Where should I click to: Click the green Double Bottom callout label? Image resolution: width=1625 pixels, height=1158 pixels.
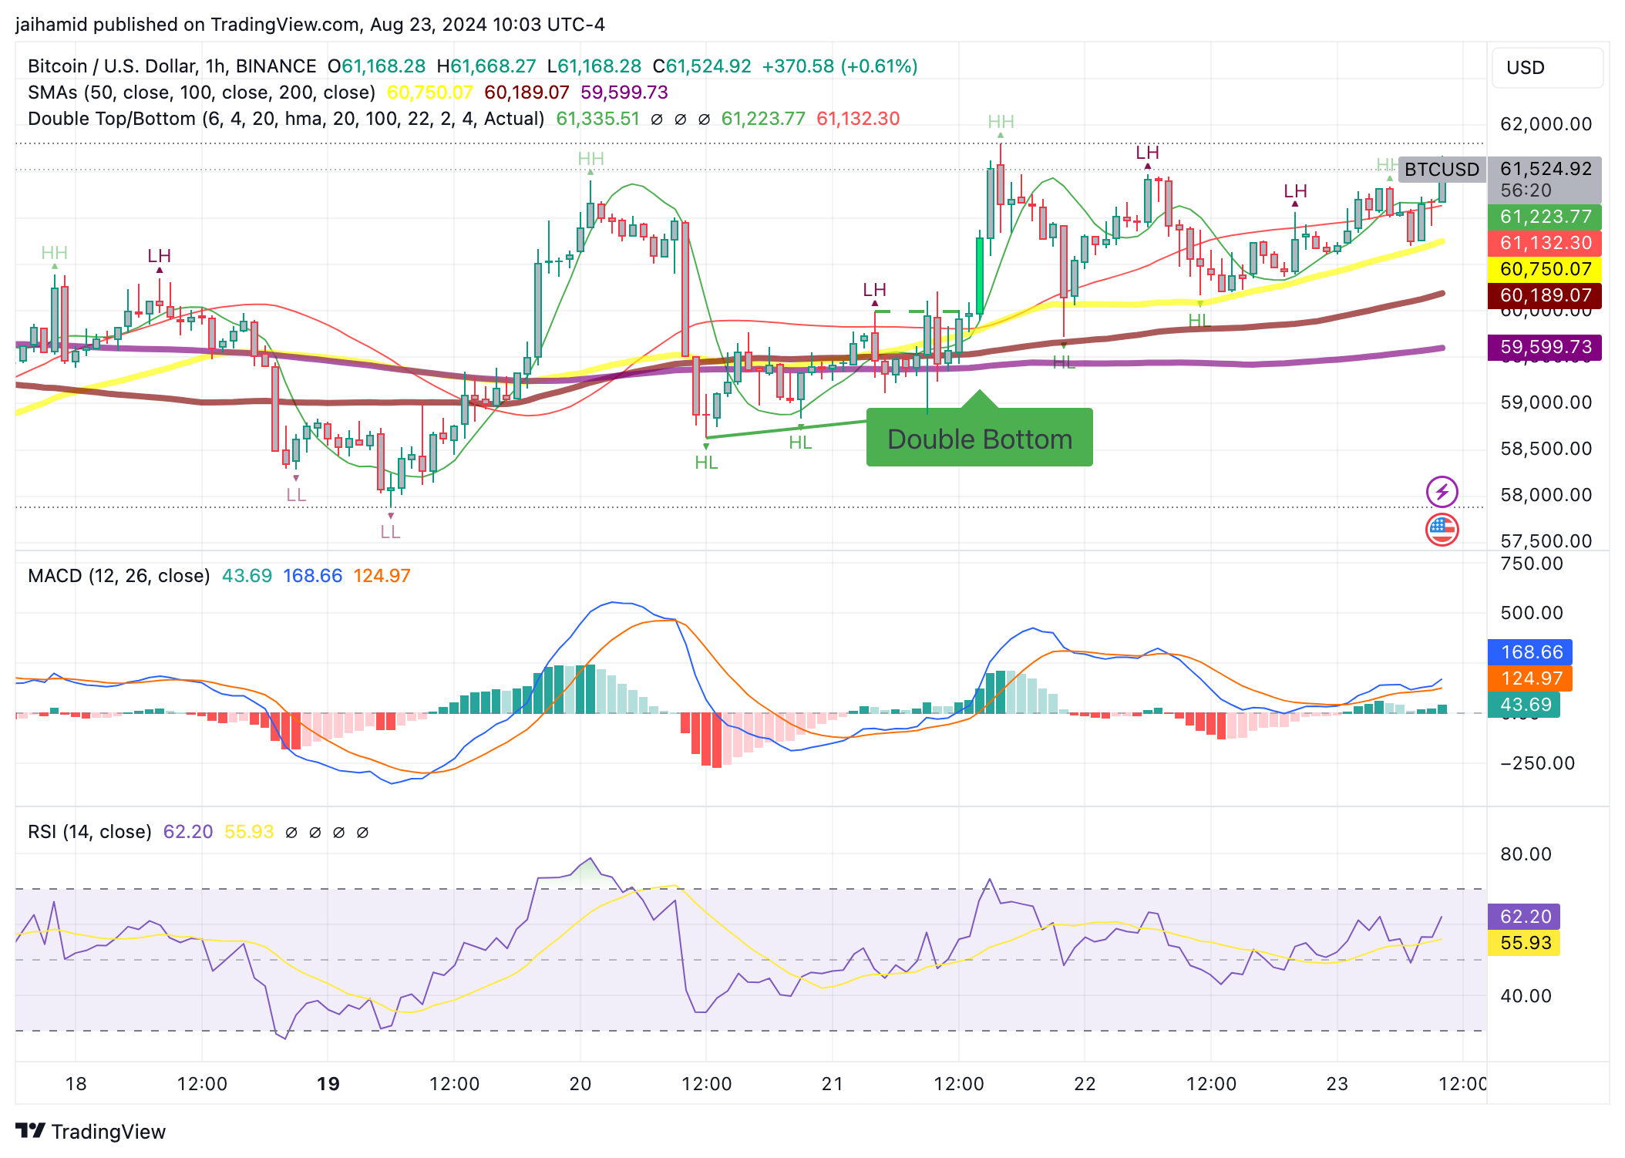pyautogui.click(x=979, y=439)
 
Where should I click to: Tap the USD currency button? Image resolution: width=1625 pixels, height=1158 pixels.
pyautogui.click(x=1546, y=68)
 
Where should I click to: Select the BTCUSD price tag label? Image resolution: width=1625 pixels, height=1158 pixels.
pyautogui.click(x=1441, y=170)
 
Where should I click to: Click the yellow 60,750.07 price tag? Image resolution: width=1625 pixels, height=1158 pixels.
pyautogui.click(x=1545, y=269)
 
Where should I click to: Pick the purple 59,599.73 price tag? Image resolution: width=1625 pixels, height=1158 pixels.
pyautogui.click(x=1545, y=347)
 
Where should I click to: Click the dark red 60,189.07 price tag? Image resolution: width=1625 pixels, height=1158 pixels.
pyautogui.click(x=1545, y=295)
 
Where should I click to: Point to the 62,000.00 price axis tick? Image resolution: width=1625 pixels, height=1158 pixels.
pyautogui.click(x=1546, y=124)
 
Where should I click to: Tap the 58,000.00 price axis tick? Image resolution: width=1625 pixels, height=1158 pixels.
pyautogui.click(x=1546, y=495)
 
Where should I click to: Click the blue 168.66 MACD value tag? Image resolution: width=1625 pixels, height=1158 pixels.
pyautogui.click(x=1530, y=652)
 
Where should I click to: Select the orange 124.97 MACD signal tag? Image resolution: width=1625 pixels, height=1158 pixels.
pyautogui.click(x=1530, y=678)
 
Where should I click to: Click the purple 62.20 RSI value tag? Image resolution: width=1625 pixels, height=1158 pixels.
pyautogui.click(x=1525, y=917)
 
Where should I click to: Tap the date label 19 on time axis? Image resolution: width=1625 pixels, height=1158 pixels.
pyautogui.click(x=328, y=1084)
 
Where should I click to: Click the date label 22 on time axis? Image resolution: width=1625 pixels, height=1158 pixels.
pyautogui.click(x=1085, y=1084)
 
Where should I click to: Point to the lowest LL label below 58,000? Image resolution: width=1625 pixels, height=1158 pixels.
pyautogui.click(x=390, y=532)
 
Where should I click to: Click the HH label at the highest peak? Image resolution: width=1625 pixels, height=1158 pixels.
pyautogui.click(x=1001, y=122)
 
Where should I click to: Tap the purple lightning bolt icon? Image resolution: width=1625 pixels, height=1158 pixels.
pyautogui.click(x=1442, y=492)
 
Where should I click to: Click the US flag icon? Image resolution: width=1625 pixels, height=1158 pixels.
pyautogui.click(x=1442, y=530)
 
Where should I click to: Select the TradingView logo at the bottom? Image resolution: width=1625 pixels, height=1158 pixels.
pyautogui.click(x=91, y=1131)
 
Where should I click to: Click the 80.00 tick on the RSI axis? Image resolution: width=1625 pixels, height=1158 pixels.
pyautogui.click(x=1525, y=854)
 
